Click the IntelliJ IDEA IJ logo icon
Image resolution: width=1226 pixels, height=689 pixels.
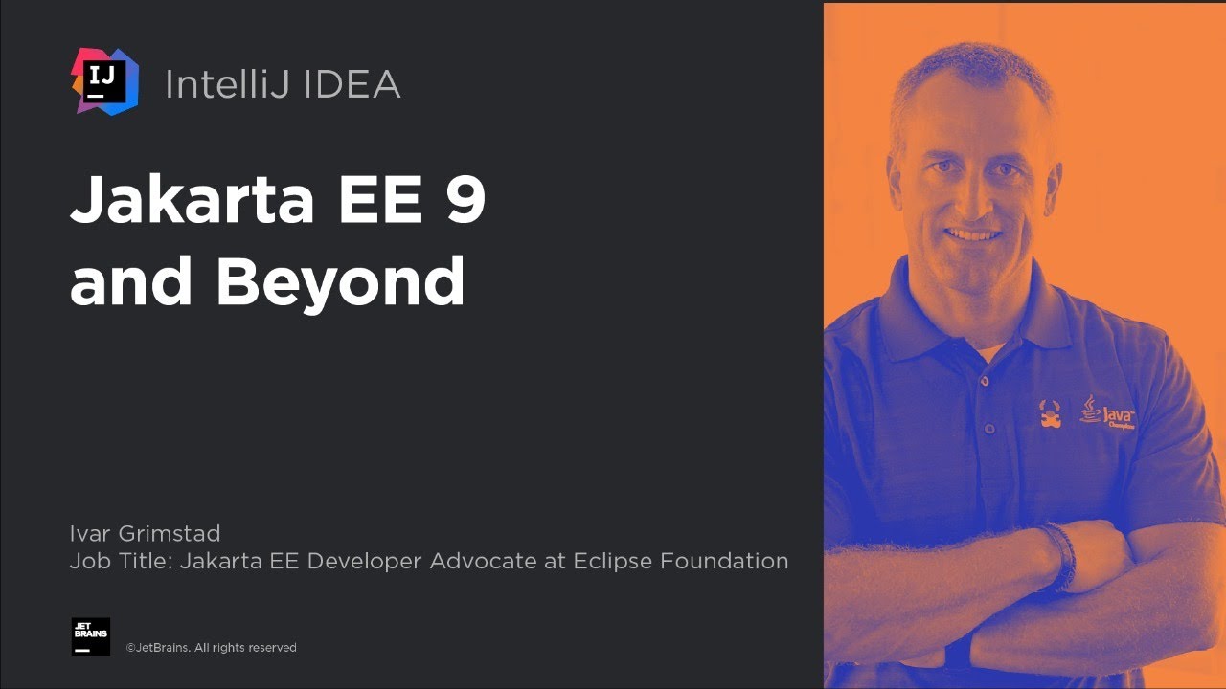click(104, 82)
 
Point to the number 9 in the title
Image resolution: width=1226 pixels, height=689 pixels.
click(465, 199)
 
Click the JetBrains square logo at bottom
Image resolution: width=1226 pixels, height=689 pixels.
click(91, 636)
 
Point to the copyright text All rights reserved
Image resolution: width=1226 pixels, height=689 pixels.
click(245, 648)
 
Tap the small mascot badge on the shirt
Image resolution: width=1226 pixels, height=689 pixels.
click(1051, 414)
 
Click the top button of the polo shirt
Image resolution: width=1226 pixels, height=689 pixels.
click(984, 381)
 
